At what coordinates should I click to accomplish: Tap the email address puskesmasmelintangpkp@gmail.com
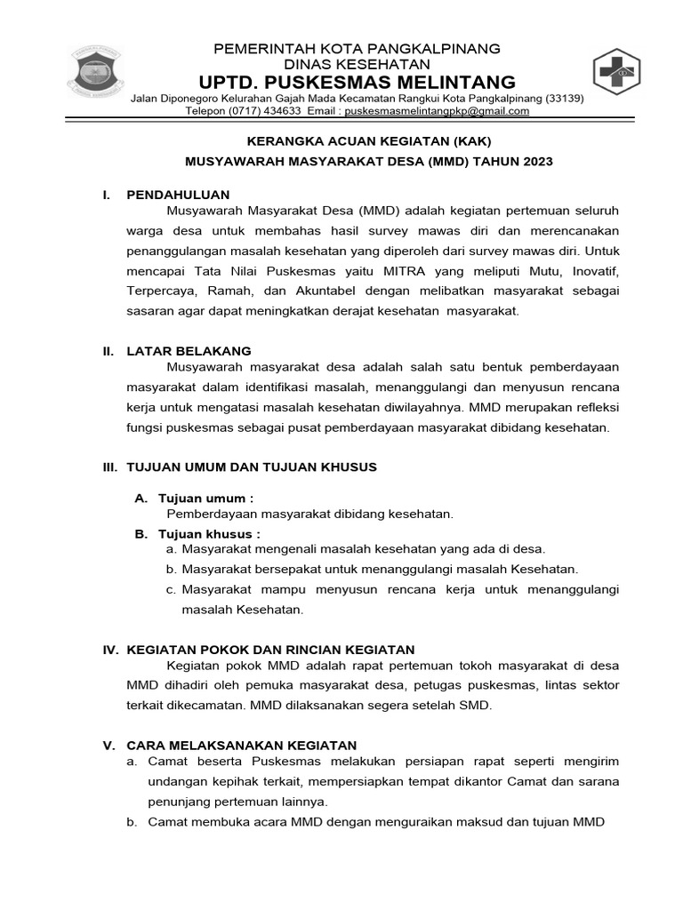coord(436,111)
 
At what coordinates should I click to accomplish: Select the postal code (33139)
coord(564,98)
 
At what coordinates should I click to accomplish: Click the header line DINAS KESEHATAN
coord(357,64)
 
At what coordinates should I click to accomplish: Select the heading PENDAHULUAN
coord(179,194)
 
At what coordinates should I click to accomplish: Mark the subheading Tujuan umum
coord(205,498)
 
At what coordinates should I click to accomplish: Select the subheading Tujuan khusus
coord(209,534)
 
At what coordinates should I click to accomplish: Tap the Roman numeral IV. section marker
coord(111,650)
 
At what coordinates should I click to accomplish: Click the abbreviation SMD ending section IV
coord(473,706)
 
